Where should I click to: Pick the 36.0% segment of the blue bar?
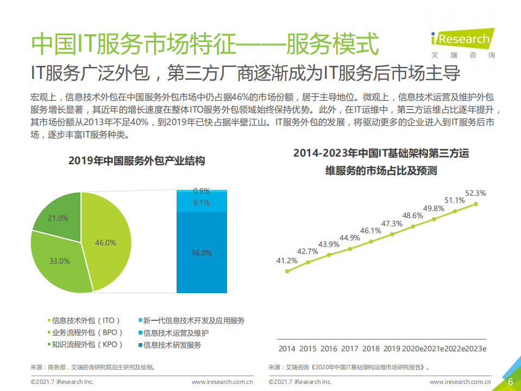[201, 253]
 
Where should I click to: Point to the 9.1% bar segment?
[201, 202]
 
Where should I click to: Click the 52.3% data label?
[475, 193]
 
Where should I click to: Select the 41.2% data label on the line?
[287, 260]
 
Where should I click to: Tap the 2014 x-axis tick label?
[287, 349]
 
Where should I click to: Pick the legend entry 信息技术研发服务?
[172, 345]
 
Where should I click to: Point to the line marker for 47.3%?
[392, 235]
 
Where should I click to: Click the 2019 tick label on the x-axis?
[392, 349]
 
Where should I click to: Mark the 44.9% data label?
[350, 237]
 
